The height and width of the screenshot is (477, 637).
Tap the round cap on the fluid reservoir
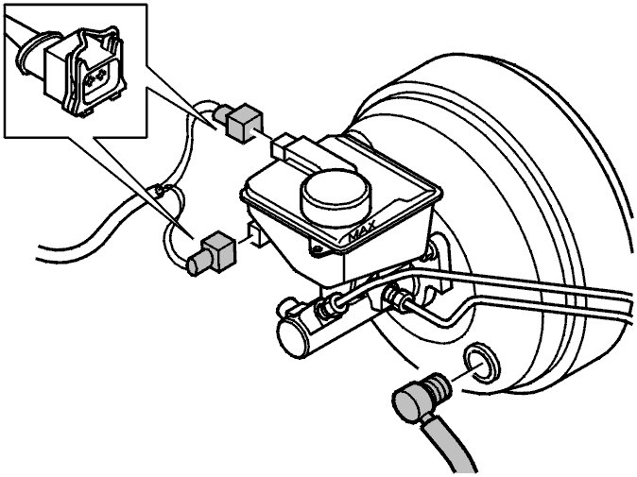point(336,195)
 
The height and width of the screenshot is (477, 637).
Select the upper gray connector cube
point(244,123)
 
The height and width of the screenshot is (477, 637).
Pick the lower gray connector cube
point(219,250)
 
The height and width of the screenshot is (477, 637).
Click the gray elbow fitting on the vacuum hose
point(421,398)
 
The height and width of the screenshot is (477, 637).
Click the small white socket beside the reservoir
point(257,234)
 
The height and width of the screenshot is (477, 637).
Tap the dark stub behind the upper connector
point(222,114)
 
